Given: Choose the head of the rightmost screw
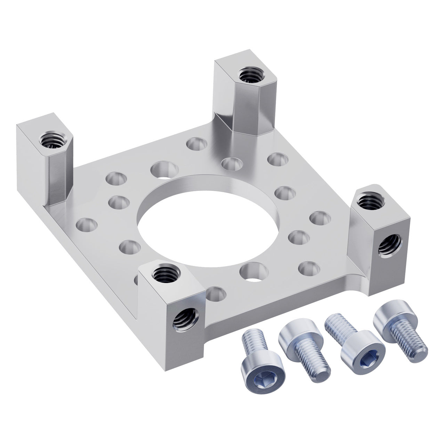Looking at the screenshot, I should click(x=389, y=320).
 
